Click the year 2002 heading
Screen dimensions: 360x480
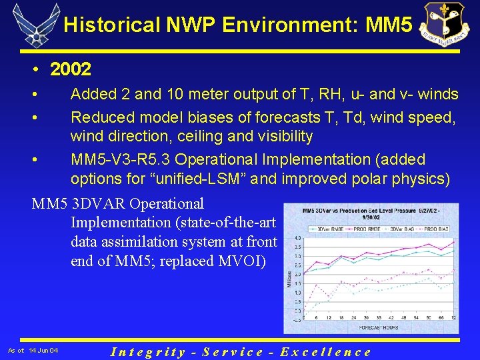(70, 69)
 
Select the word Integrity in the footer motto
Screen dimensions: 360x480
(148, 351)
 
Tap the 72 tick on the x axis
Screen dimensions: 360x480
(454, 318)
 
